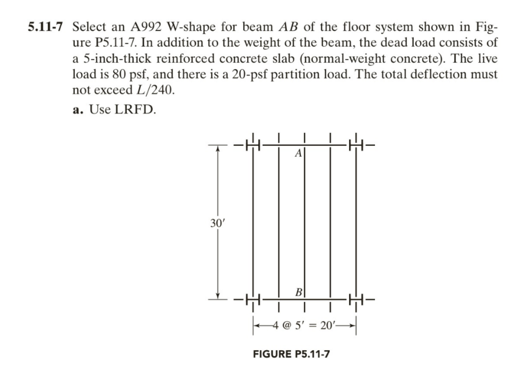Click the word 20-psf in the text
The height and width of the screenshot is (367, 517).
pyautogui.click(x=250, y=74)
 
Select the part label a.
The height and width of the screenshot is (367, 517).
pyautogui.click(x=78, y=110)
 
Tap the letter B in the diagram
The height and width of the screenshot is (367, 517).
pyautogui.click(x=298, y=292)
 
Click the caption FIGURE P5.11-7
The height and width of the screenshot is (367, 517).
pyautogui.click(x=291, y=354)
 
